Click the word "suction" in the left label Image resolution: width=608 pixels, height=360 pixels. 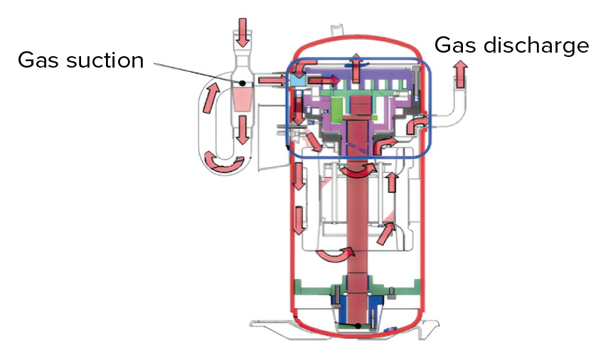point(103,60)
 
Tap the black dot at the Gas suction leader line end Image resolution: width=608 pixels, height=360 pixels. point(242,83)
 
